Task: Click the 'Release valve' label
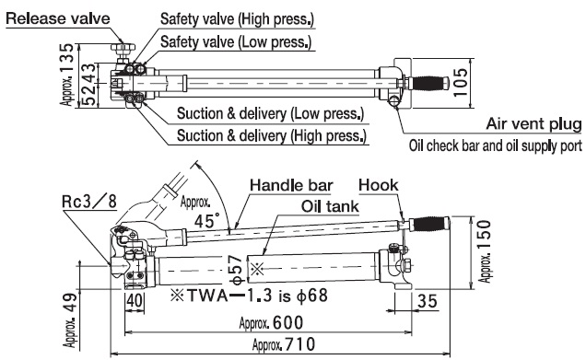click(58, 18)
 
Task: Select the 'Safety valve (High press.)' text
click(237, 18)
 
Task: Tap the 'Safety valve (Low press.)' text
click(236, 41)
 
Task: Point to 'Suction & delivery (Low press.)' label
click(270, 113)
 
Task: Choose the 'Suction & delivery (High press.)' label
click(272, 135)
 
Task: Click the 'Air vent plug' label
click(534, 124)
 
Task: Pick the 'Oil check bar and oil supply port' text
click(496, 145)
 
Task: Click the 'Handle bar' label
click(291, 185)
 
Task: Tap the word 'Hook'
click(378, 185)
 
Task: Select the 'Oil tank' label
click(330, 206)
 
